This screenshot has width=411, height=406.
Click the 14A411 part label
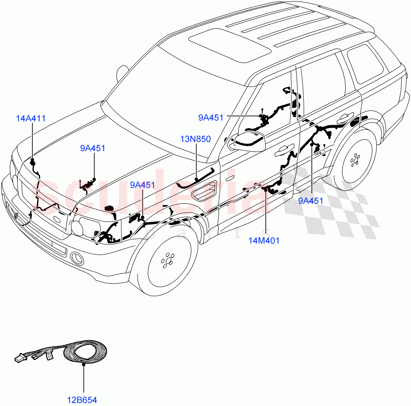pos(31,119)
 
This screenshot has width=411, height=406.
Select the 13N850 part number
pos(196,139)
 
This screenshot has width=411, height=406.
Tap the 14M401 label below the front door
pos(264,241)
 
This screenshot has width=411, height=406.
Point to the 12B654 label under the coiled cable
pos(82,399)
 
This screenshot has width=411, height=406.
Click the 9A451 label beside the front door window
pos(211,118)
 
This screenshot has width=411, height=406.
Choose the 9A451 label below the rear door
pos(311,201)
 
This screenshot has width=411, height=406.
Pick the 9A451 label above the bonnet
pos(92,148)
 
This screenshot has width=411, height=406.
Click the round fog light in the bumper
pos(77,259)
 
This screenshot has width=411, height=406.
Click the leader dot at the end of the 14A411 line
pos(33,160)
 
